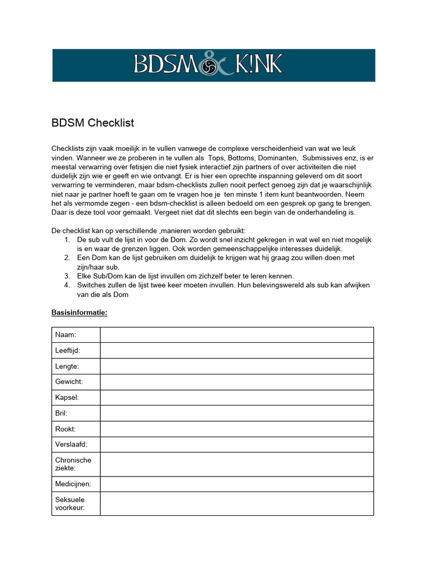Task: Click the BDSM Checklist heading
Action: (93, 123)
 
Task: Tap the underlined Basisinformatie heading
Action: (79, 312)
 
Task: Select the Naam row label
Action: (65, 335)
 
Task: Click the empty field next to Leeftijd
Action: (236, 351)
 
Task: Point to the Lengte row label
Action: (67, 366)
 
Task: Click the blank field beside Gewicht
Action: (236, 382)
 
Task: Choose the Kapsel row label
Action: (67, 398)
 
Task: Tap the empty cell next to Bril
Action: (236, 413)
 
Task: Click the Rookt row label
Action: (65, 429)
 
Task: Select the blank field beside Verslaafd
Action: (236, 444)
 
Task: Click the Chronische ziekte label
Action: (73, 464)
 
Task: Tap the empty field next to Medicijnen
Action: (236, 484)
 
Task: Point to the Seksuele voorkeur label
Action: (70, 503)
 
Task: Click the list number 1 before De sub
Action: (66, 240)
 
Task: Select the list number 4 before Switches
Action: (66, 285)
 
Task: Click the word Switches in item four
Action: (92, 285)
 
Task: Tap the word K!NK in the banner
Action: (256, 65)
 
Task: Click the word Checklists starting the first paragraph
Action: (70, 149)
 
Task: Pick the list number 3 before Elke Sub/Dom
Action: (66, 276)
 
